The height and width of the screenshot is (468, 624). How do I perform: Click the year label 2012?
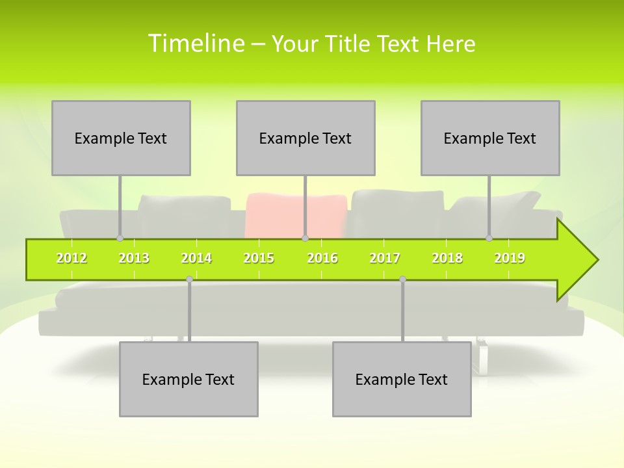coord(71,259)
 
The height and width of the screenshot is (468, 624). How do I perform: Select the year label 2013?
coord(134,259)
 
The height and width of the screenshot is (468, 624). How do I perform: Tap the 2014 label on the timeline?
coord(196,259)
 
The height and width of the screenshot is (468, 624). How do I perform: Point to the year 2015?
coord(259,259)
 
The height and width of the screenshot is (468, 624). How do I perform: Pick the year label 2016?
coord(322,259)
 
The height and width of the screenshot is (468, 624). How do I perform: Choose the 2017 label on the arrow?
coord(385,259)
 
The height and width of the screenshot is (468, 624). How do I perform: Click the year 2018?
coord(447,259)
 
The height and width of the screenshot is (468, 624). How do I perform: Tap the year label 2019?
coord(510,259)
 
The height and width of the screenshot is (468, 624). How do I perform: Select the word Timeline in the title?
coord(196,44)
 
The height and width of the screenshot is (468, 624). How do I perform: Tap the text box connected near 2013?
coord(121,138)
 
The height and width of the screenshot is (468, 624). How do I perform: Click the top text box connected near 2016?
coord(305,138)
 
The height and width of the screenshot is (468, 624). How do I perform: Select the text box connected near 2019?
coord(490,138)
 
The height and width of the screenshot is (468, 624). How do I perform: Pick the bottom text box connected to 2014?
coord(188,379)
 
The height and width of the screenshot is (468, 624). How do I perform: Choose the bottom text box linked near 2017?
coord(402,379)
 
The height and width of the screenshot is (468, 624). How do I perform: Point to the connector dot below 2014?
coord(189,279)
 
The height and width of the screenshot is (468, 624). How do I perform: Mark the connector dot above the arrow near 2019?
coord(489,238)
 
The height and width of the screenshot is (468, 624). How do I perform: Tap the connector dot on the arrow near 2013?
coord(120,238)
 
